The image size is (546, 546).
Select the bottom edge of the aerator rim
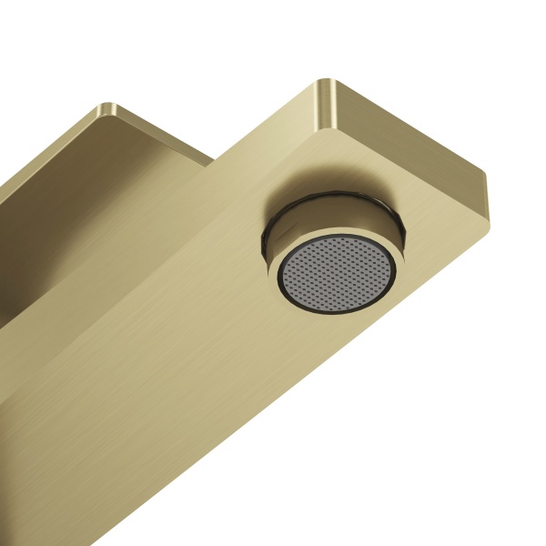[x=341, y=322]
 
